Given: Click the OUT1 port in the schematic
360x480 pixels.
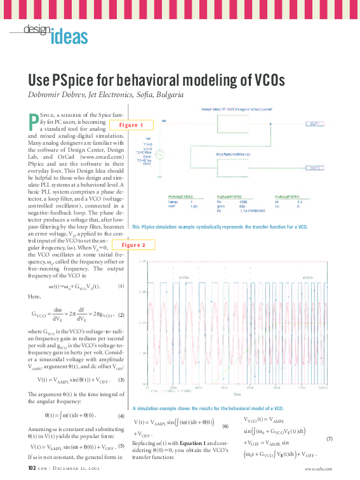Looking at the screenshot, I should (x=314, y=124).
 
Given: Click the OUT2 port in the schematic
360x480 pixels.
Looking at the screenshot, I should (x=315, y=168).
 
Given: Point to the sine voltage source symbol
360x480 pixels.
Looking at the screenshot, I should (x=161, y=154).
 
